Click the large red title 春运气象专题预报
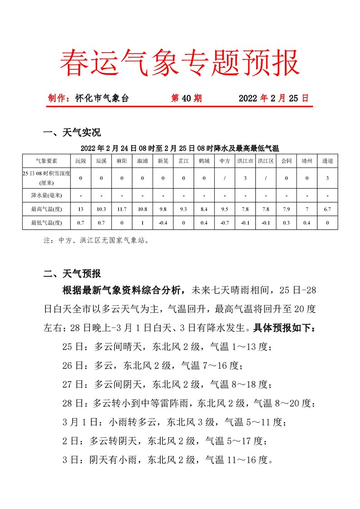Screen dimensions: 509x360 pyautogui.click(x=180, y=62)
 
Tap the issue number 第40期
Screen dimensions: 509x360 pyautogui.click(x=186, y=98)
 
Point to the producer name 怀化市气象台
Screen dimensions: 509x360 pyautogui.click(x=102, y=98)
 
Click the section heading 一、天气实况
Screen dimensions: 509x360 pyautogui.click(x=71, y=132)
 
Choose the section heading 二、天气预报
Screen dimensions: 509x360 pyautogui.click(x=71, y=274)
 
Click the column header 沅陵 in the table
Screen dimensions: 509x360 pyautogui.click(x=80, y=161)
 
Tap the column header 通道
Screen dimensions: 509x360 pyautogui.click(x=327, y=161)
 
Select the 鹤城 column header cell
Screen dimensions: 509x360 pyautogui.click(x=204, y=161)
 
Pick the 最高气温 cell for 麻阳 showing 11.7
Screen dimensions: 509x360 pyautogui.click(x=122, y=209)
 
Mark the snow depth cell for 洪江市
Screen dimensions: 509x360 pyautogui.click(x=245, y=178)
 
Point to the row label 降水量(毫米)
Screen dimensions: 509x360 pyautogui.click(x=46, y=196)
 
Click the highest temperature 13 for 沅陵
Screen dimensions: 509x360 pyautogui.click(x=80, y=209)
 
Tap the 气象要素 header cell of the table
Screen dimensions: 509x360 pyautogui.click(x=46, y=161)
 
